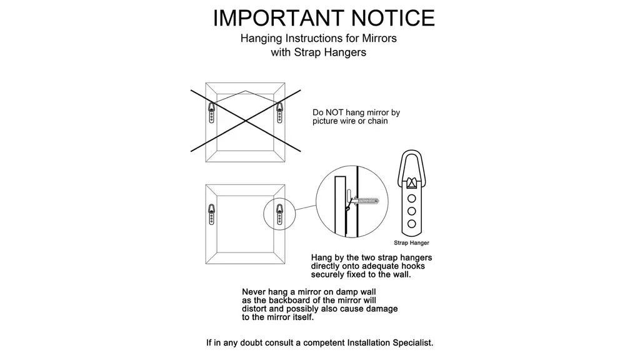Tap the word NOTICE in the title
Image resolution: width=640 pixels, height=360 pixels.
393,18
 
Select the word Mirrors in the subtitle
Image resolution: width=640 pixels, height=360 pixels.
379,38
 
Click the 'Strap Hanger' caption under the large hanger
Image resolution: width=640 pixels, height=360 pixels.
411,243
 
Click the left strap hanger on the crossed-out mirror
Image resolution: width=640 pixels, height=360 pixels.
211,112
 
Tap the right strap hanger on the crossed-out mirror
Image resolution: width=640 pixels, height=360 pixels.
279,112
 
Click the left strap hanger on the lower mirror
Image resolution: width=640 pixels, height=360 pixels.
211,214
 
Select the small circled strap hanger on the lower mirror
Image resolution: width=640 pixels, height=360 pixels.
279,214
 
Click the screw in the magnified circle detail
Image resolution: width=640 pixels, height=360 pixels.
365,201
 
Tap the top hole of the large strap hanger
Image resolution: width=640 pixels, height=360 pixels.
412,199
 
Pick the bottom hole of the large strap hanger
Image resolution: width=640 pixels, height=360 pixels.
412,224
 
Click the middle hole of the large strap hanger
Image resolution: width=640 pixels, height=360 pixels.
412,211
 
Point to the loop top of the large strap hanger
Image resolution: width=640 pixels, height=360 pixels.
412,151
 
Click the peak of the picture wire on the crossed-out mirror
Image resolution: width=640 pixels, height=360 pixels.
245,91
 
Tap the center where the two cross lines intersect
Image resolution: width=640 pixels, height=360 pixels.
246,121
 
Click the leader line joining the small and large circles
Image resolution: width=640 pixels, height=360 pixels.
306,207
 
